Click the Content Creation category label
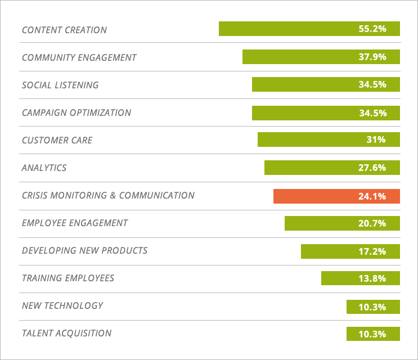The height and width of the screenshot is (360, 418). coord(64,30)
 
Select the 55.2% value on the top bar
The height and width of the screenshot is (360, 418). coord(372,29)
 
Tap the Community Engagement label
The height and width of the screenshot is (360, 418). coord(79,57)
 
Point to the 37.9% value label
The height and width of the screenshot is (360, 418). coord(372,57)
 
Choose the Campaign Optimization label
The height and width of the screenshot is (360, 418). coord(76,112)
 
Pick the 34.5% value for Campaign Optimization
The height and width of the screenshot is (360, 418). coord(372,112)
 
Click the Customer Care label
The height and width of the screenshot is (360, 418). coord(57,140)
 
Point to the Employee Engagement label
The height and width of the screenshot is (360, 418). coord(75,223)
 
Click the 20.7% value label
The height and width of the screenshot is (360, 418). coord(372,223)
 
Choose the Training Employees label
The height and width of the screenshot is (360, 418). coord(68,278)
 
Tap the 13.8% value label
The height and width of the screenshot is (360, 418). coord(372,278)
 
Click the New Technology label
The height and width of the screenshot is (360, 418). coord(62,305)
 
